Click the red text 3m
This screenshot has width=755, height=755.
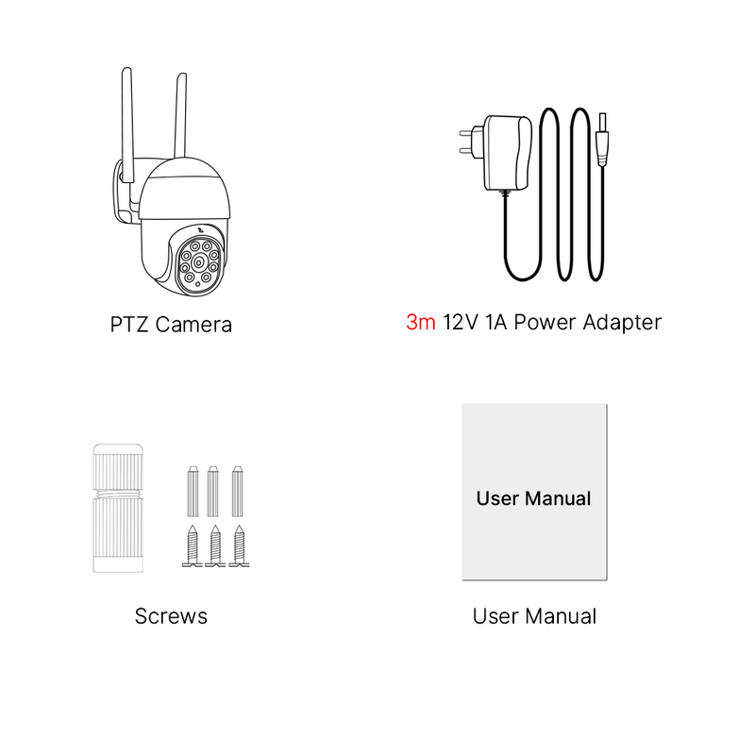click(420, 322)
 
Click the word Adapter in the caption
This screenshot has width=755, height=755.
click(622, 323)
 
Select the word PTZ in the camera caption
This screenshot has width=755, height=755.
click(128, 325)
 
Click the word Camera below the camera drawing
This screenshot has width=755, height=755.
click(193, 325)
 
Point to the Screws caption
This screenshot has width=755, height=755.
click(171, 616)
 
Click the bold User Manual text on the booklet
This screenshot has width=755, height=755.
click(533, 498)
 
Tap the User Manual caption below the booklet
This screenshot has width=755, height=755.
click(534, 616)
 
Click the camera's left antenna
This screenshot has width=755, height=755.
click(127, 125)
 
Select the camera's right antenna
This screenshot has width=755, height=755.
click(180, 115)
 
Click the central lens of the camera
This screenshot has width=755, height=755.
click(198, 262)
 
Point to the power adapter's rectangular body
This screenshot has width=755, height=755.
click(508, 153)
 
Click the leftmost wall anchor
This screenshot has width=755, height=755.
click(193, 491)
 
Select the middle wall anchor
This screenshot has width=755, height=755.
click(213, 491)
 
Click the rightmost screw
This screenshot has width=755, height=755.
click(240, 546)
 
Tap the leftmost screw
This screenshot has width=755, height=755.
click(193, 546)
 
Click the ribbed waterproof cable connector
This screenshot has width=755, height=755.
click(118, 509)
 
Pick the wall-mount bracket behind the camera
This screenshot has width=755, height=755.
click(125, 193)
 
